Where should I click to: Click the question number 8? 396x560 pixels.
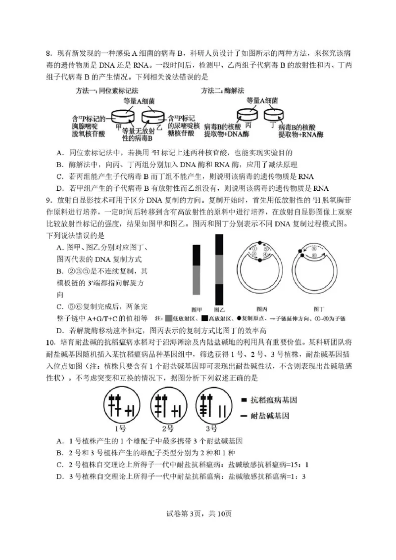49,53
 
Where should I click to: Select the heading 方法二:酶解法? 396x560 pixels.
223,91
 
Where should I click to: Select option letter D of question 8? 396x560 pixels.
59,188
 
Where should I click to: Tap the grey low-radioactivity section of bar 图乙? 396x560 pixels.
219,269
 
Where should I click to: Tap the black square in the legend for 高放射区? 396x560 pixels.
204,318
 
